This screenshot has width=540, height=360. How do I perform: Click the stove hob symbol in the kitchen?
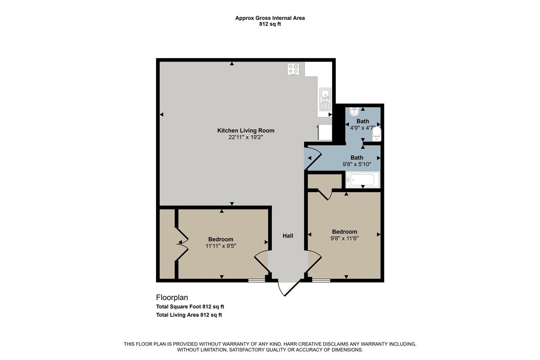[294, 69]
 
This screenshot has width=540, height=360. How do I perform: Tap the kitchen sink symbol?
[325, 100]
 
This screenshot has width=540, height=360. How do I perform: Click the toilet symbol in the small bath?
[377, 134]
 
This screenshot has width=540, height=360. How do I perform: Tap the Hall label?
[288, 236]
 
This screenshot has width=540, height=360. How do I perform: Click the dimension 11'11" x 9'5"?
[221, 246]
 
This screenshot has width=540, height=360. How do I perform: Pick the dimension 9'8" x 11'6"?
[345, 238]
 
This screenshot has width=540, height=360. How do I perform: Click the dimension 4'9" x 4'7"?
[362, 127]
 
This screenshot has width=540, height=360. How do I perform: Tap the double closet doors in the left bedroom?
[182, 242]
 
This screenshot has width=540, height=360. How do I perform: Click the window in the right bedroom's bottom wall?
[321, 280]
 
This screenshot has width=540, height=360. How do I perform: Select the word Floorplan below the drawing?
[172, 298]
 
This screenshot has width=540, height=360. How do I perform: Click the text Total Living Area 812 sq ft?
[189, 315]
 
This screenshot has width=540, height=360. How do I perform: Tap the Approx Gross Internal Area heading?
[270, 18]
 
